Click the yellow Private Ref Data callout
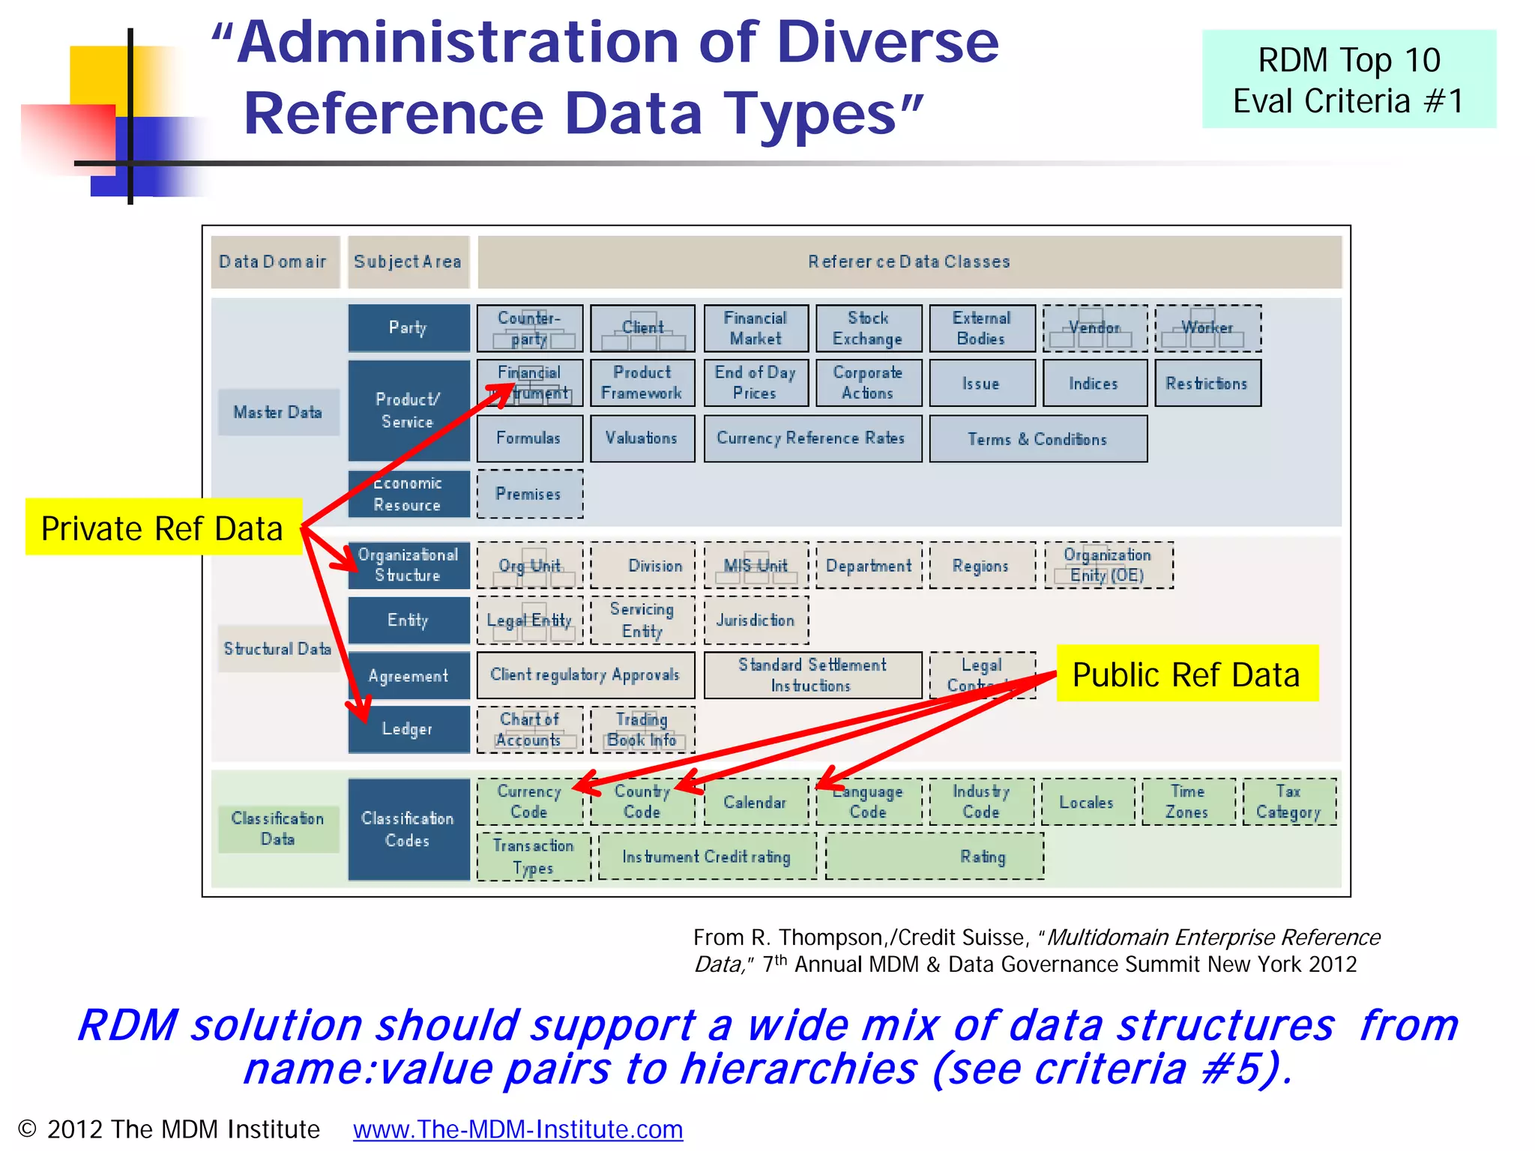click(163, 528)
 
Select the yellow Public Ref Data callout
click(1186, 674)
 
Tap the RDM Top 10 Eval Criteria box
click(1348, 79)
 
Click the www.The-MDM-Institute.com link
click(518, 1129)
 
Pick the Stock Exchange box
click(868, 328)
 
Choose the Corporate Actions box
click(868, 383)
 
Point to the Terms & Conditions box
click(1037, 439)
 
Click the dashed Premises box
click(529, 494)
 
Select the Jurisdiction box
click(756, 620)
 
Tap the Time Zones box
click(1187, 802)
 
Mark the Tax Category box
click(1288, 802)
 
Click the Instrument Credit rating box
click(707, 857)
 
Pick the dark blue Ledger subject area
click(408, 729)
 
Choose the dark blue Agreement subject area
click(408, 676)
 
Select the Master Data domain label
click(278, 412)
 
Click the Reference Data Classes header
click(908, 262)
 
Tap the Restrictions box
click(1207, 384)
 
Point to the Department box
click(869, 566)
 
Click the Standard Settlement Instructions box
click(812, 675)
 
